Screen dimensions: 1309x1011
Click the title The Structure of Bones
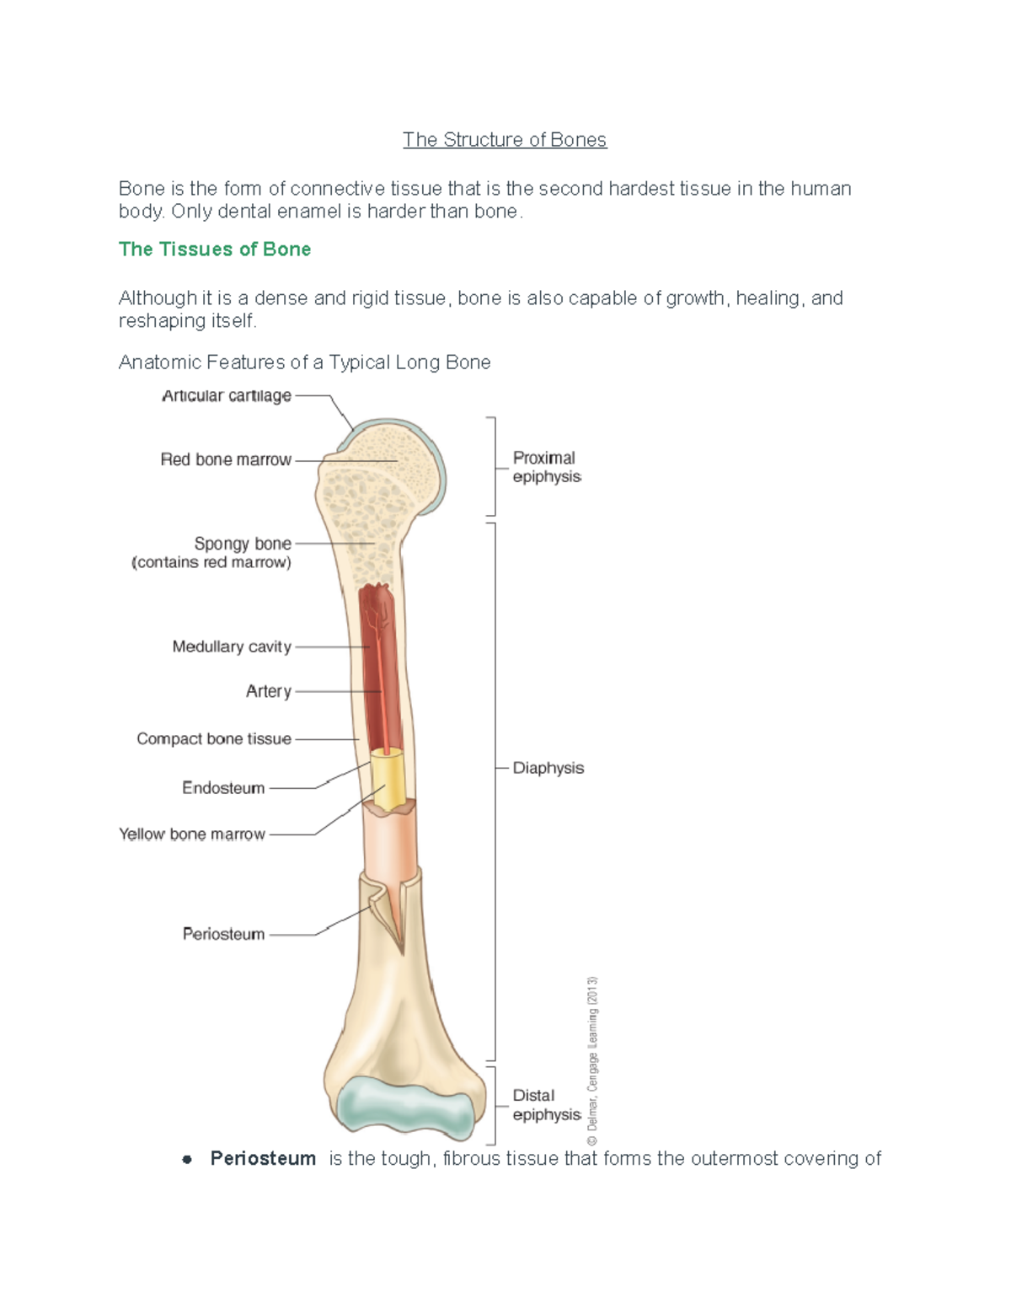[x=504, y=140]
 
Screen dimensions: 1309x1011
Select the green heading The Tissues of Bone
[x=215, y=249]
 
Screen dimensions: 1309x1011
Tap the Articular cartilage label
[x=226, y=395]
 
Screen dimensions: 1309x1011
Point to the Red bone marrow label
[x=225, y=459]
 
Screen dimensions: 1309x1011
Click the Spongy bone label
[x=242, y=544]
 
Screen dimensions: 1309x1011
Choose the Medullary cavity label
[x=232, y=646]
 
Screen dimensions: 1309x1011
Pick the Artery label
[x=268, y=691]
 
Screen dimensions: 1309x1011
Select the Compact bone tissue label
[x=214, y=738]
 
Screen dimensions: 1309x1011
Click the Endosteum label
[x=223, y=788]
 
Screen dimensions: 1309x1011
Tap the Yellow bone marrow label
[x=192, y=834]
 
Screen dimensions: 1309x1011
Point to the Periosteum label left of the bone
[x=223, y=934]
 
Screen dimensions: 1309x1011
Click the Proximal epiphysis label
[x=546, y=467]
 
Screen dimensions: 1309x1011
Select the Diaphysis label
[x=548, y=768]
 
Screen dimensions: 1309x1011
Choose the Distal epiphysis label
[x=546, y=1105]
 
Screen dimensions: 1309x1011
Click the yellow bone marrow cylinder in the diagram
[x=390, y=780]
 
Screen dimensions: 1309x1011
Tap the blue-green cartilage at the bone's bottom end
[x=405, y=1104]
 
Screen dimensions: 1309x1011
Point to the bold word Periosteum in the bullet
[x=263, y=1159]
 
